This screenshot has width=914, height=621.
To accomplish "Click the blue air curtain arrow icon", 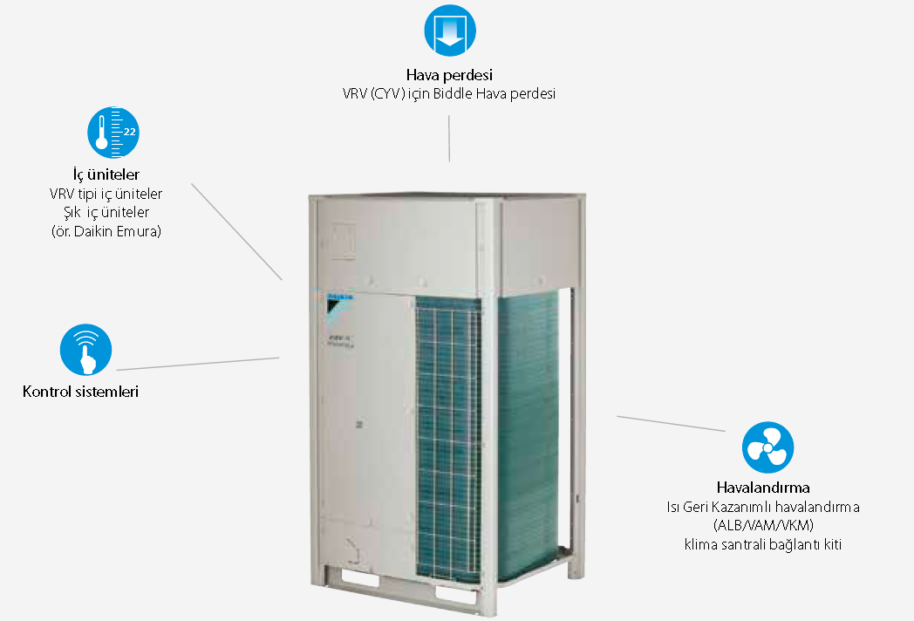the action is [450, 31].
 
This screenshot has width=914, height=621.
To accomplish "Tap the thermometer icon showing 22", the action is [113, 133].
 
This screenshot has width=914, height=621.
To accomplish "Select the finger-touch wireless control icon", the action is [85, 350].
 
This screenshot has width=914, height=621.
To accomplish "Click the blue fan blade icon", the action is [767, 447].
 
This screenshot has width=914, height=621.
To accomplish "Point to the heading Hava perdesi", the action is [449, 75].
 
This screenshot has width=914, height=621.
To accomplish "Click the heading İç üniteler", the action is [106, 174].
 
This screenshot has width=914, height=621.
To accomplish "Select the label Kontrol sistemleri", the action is [80, 392].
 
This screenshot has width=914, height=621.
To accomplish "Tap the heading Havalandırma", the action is [763, 488].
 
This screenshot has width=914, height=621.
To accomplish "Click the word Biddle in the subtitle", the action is [453, 94].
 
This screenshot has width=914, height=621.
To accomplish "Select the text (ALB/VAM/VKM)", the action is [763, 525].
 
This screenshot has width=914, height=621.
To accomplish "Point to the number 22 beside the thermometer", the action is [129, 132].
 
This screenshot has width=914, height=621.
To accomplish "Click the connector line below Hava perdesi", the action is [449, 138].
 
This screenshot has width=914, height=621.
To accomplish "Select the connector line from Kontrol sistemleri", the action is [198, 364].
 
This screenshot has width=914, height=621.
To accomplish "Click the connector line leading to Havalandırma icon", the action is [671, 424].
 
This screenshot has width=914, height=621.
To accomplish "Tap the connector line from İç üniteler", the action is [236, 232].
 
